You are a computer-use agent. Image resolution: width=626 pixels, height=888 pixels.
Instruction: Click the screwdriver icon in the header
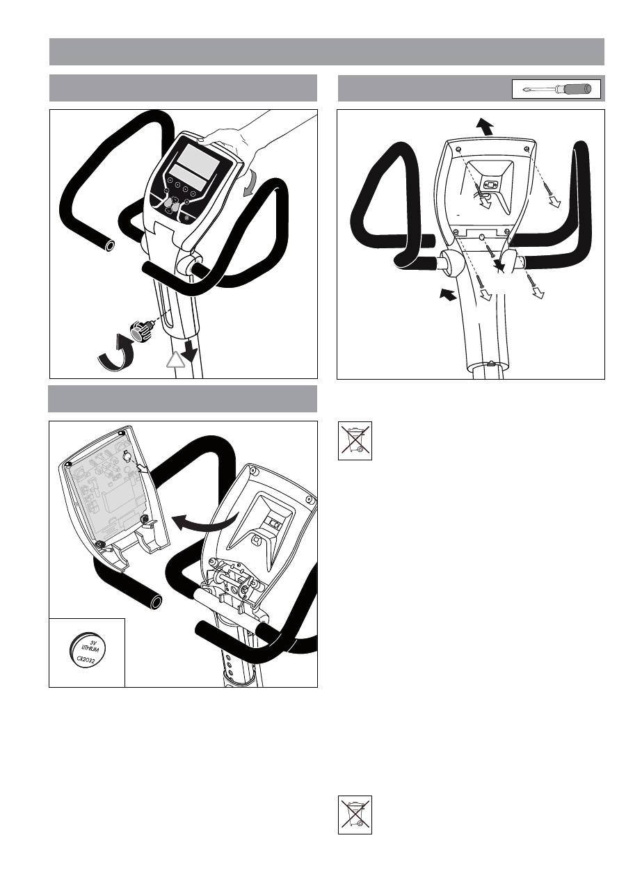point(556,90)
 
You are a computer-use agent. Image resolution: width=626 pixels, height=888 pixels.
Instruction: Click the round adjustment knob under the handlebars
point(143,327)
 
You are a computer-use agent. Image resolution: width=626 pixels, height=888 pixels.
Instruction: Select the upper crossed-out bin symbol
point(355,440)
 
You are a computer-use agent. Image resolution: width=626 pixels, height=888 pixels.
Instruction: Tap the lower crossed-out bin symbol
point(355,814)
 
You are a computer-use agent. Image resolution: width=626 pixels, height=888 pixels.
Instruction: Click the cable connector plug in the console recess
point(489,184)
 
